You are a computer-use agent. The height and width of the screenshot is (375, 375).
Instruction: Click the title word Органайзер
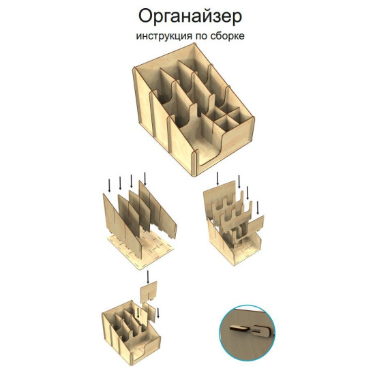pyautogui.click(x=190, y=17)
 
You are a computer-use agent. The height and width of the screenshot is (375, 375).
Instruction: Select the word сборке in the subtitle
pyautogui.click(x=228, y=35)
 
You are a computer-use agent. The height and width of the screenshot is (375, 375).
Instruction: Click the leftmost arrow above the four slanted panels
pyautogui.click(x=110, y=185)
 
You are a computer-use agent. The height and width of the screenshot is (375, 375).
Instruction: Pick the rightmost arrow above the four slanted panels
pyautogui.click(x=145, y=179)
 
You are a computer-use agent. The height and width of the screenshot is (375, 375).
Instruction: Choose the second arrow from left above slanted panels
pyautogui.click(x=120, y=183)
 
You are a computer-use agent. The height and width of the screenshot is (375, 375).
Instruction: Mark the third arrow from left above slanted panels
pyautogui.click(x=131, y=181)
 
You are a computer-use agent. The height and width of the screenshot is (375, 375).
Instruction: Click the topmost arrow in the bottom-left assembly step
pyautogui.click(x=148, y=277)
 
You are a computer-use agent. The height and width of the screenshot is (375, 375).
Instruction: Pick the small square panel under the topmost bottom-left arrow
pyautogui.click(x=149, y=291)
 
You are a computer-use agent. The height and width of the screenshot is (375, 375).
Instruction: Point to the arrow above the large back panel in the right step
pyautogui.click(x=217, y=179)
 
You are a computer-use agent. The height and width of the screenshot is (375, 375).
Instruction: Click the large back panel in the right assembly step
pyautogui.click(x=220, y=201)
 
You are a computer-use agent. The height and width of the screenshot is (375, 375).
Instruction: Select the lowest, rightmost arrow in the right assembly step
pyautogui.click(x=258, y=207)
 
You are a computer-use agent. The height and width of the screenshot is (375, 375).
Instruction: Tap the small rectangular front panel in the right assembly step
pyautogui.click(x=256, y=224)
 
